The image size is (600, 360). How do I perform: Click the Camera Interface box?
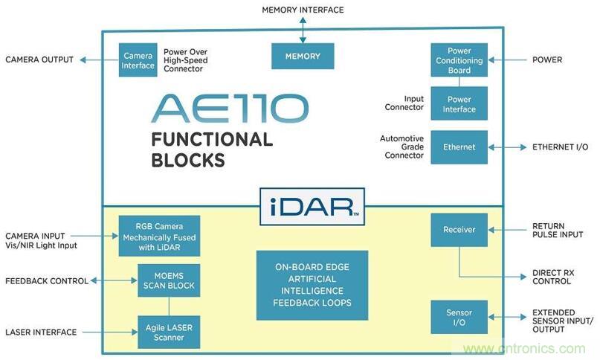(138, 60)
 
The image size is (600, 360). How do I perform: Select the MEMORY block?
(303, 57)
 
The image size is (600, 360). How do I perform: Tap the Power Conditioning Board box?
(459, 60)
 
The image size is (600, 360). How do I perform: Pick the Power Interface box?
(459, 103)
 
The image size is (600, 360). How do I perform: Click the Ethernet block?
(459, 147)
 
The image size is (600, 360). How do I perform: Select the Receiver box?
(459, 230)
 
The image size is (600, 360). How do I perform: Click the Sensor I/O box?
(459, 318)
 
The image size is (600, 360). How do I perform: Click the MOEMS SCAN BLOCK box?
(169, 280)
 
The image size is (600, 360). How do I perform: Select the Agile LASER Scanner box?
(169, 332)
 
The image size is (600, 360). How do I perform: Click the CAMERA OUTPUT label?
(39, 60)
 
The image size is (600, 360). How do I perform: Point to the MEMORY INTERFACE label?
(302, 10)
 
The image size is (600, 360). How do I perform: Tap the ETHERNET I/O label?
(560, 147)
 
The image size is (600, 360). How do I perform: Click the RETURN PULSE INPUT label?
(549, 231)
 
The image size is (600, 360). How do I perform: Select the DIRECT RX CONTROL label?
(551, 277)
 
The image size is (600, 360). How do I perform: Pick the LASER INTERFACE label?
(41, 332)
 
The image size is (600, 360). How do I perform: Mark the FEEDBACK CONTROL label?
(46, 281)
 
